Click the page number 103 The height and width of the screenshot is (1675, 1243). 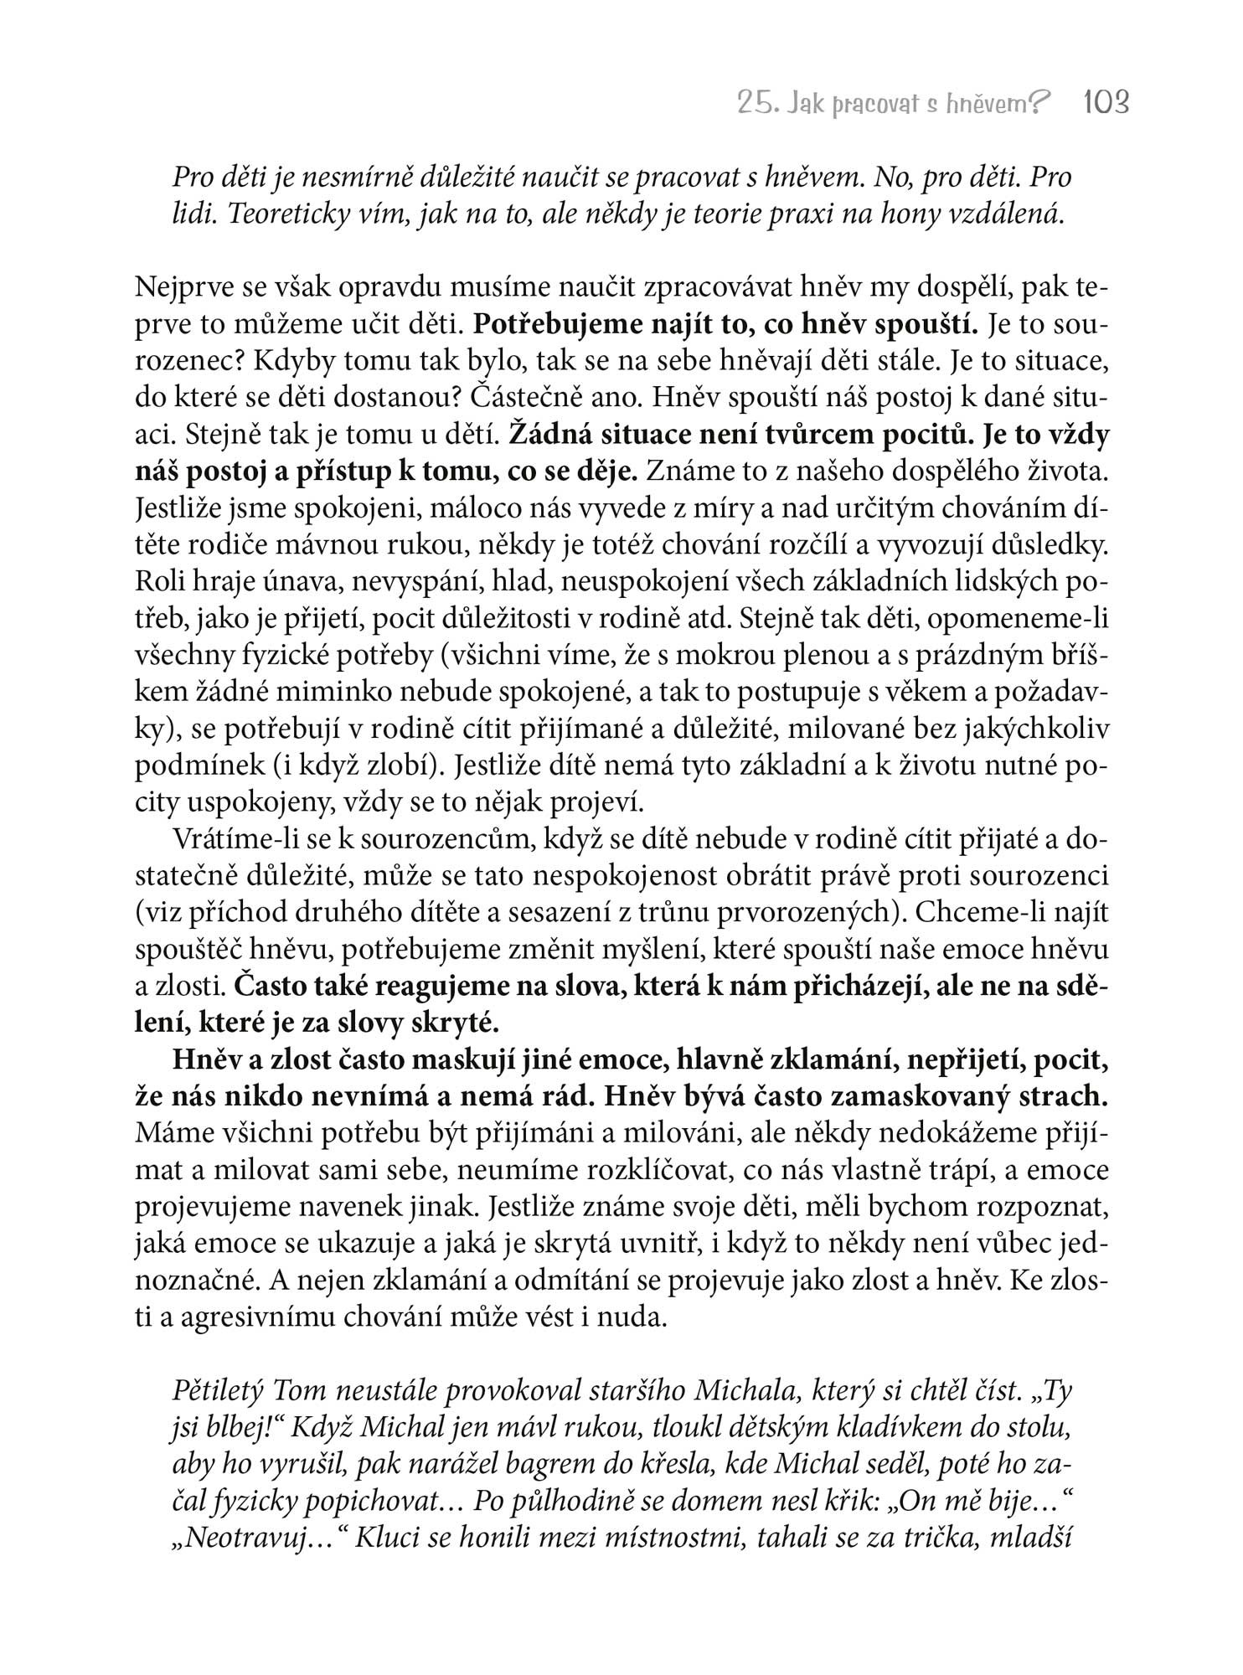coord(1106,103)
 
